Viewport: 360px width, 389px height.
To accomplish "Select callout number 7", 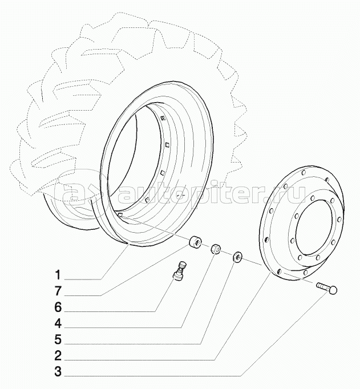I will click(x=57, y=294).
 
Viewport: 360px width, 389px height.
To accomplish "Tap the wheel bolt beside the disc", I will click(x=326, y=287).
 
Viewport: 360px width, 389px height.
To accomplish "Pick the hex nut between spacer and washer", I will click(x=216, y=249).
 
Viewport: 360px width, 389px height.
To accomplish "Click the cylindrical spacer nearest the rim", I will click(x=195, y=244).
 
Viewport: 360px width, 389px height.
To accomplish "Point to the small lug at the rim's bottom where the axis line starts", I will click(x=122, y=214).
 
